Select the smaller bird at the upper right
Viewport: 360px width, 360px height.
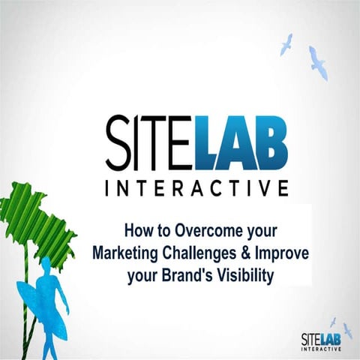[286, 44]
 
